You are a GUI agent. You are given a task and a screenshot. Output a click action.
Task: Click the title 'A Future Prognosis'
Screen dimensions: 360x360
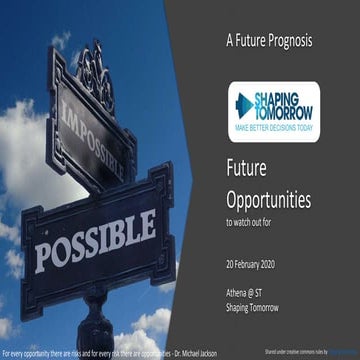(x=269, y=41)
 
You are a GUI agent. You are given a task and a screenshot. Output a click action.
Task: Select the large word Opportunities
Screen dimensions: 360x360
(x=268, y=200)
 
